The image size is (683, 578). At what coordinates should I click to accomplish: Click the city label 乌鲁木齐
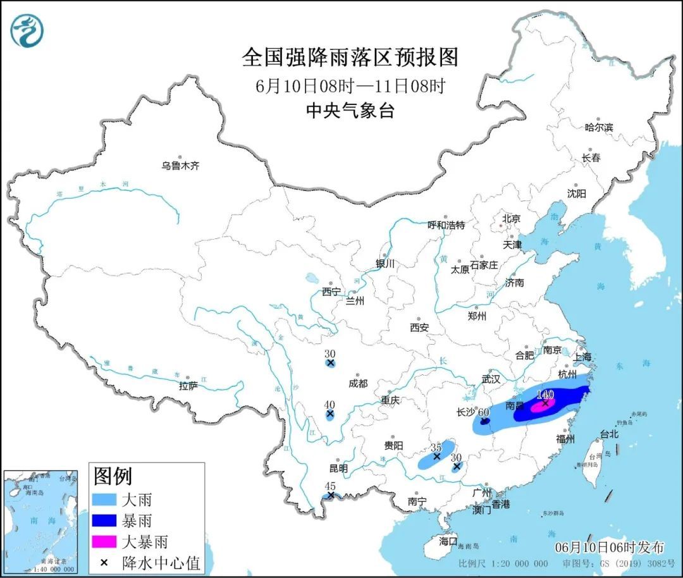[180, 166]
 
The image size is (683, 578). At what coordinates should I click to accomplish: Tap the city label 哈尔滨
[598, 127]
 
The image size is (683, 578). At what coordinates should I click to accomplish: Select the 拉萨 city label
[188, 385]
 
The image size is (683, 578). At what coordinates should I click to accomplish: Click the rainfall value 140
[545, 395]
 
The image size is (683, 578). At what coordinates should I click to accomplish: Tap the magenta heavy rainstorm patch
[539, 407]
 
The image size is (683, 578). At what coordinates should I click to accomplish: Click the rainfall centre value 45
[329, 486]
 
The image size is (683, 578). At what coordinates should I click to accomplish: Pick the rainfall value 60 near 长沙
[484, 412]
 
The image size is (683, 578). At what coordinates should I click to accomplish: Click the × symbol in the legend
[103, 561]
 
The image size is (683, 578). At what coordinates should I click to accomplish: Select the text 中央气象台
[350, 111]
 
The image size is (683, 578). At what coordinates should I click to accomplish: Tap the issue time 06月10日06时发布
[609, 547]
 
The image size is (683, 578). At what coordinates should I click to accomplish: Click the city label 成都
[357, 383]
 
